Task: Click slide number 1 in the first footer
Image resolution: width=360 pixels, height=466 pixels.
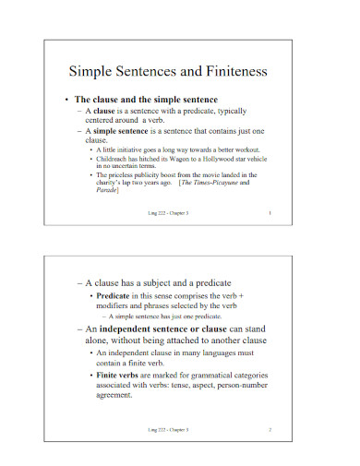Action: pyautogui.click(x=269, y=213)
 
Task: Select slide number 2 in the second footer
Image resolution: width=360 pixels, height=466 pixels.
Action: pyautogui.click(x=269, y=430)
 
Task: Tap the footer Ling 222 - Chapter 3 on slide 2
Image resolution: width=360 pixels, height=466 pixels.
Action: pyautogui.click(x=169, y=430)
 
